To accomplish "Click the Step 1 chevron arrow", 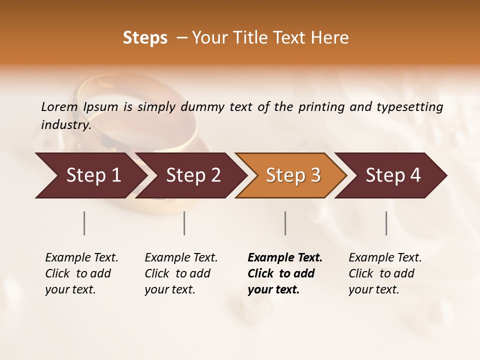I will (x=90, y=175).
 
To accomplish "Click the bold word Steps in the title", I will (x=145, y=38).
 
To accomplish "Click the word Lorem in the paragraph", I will (x=59, y=107).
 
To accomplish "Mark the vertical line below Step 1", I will (x=84, y=223).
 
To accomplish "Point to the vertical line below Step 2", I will (x=184, y=223).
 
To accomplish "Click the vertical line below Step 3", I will (x=285, y=223).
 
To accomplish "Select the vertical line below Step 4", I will (x=386, y=223).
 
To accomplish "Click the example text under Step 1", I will (x=81, y=273).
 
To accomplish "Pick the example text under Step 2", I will (x=181, y=273).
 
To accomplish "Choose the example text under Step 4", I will (x=385, y=273).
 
